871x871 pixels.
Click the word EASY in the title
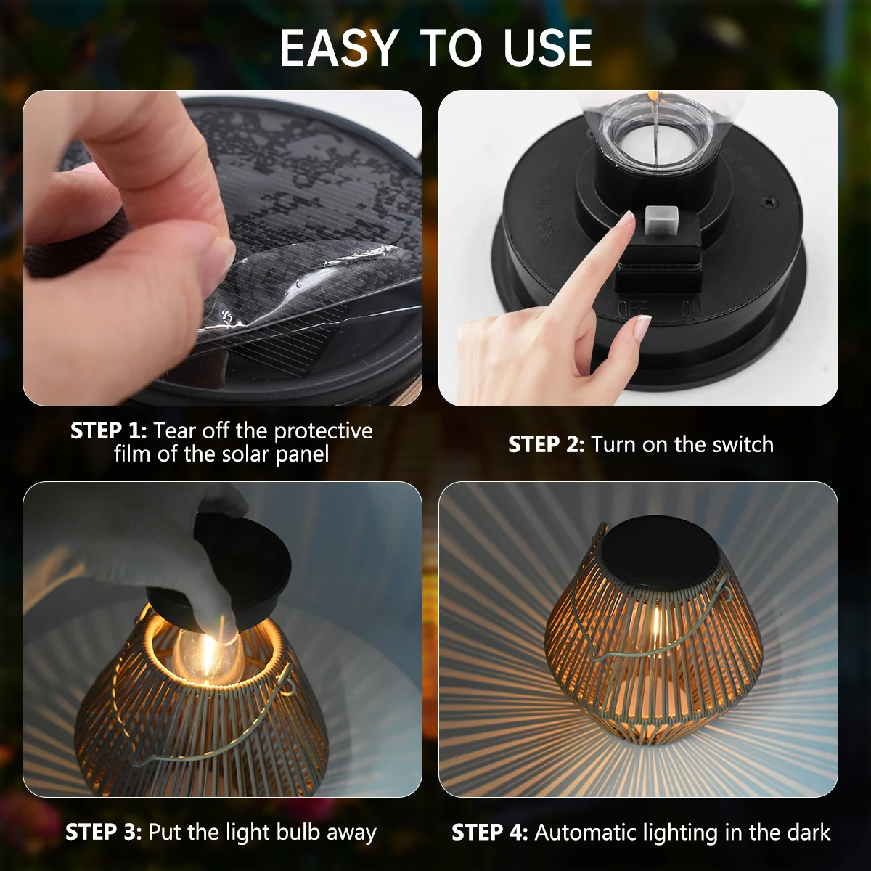click(338, 49)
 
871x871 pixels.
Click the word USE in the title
click(548, 49)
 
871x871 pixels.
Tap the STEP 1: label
click(109, 430)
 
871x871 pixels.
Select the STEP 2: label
click(546, 444)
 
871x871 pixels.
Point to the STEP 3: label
click(104, 832)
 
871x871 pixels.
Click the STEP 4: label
click(490, 832)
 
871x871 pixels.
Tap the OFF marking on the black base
click(631, 308)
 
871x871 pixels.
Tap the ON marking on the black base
click(690, 308)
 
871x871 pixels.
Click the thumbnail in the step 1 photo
click(220, 253)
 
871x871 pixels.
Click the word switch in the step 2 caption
click(743, 444)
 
